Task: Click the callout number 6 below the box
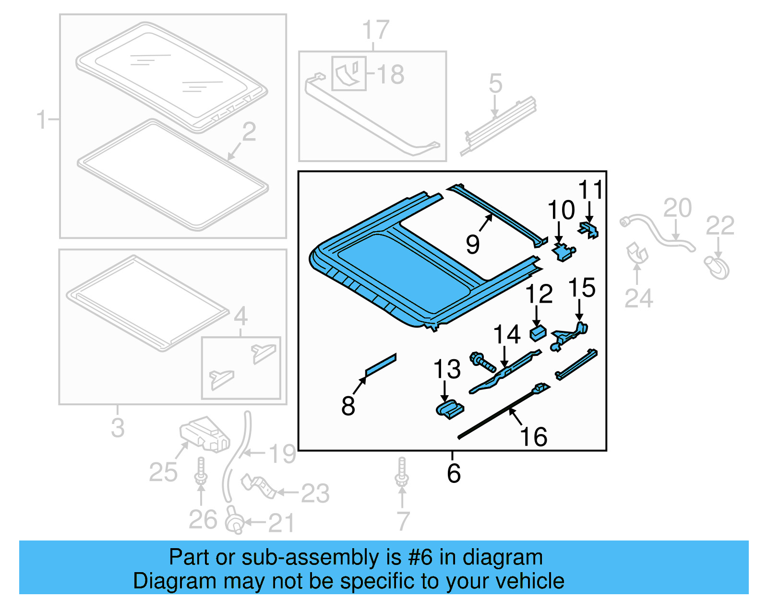[454, 473]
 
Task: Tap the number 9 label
[472, 245]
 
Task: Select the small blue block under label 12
[538, 332]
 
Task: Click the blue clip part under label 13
[450, 409]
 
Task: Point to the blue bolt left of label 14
[482, 362]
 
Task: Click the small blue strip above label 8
[381, 365]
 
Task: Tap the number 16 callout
[533, 437]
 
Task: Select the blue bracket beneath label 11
[589, 229]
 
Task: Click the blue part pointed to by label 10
[563, 251]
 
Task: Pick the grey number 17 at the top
[375, 30]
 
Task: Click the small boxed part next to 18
[349, 73]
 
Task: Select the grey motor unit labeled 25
[204, 434]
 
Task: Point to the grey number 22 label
[720, 226]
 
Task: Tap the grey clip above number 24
[636, 253]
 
